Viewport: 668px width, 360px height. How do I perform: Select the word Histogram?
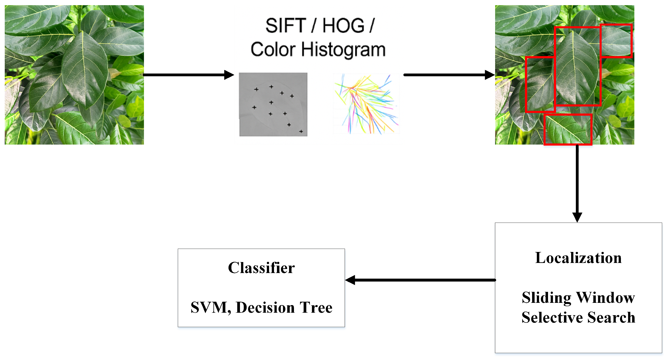[343, 50]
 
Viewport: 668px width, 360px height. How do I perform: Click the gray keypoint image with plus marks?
[273, 104]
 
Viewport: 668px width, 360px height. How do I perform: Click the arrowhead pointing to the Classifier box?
[350, 280]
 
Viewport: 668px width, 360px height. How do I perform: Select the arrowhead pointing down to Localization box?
[577, 217]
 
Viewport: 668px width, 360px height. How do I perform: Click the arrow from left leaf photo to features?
[188, 75]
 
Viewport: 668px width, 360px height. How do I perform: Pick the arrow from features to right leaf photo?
[449, 75]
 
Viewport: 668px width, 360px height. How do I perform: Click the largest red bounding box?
[577, 66]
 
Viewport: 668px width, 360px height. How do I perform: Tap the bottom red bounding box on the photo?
[568, 129]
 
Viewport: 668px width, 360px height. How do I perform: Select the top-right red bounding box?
[616, 41]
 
